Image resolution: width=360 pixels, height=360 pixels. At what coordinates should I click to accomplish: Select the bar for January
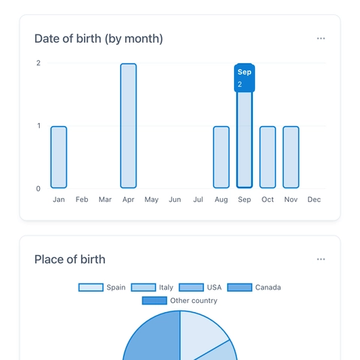coord(58,157)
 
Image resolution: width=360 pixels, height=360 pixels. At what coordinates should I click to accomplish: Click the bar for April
coord(128,125)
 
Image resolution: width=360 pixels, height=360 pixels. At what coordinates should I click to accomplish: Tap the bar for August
coord(221,157)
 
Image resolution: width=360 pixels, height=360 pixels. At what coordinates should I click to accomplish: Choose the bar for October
coord(268,157)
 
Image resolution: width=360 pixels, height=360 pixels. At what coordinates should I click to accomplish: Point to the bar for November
coord(291,157)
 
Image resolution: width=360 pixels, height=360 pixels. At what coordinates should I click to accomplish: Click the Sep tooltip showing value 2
coord(244,78)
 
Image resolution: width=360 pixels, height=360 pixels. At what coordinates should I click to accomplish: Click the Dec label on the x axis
coord(314,199)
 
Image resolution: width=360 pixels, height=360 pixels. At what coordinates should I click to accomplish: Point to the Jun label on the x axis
coord(175,199)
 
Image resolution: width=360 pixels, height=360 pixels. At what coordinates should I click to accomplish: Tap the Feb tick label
coord(82,199)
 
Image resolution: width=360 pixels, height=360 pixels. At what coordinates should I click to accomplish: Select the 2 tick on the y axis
coord(38,63)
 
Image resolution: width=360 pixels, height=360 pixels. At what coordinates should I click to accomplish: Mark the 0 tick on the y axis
coord(38,189)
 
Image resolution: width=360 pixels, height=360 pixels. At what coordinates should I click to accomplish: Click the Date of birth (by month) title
coord(98,38)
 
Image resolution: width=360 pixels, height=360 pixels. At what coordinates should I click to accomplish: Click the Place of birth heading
coord(70,259)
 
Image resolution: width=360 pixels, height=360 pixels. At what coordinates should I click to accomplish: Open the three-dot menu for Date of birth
coord(321,38)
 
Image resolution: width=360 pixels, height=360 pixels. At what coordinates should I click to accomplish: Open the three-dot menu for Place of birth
coord(321,259)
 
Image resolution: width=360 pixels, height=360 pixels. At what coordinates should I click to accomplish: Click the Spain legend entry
coord(103,287)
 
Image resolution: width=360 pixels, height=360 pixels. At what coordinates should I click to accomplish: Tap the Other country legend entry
coord(180,301)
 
